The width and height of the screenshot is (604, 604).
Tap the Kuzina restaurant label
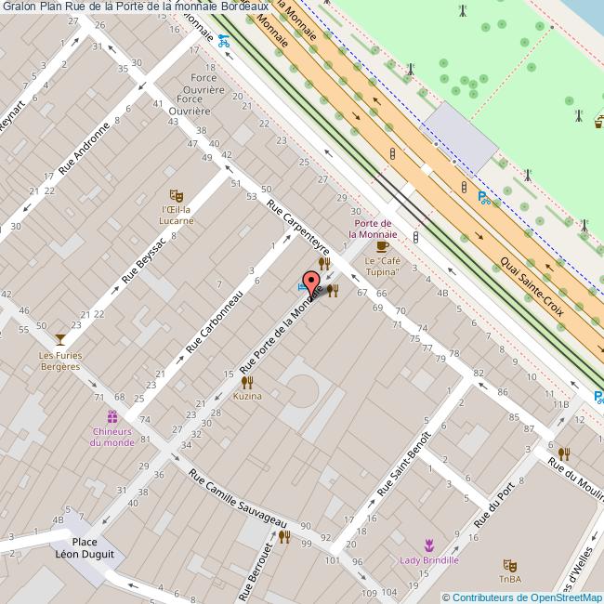(247, 396)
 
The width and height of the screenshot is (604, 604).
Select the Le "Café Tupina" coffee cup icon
(383, 247)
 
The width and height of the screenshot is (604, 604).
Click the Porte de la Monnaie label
(375, 230)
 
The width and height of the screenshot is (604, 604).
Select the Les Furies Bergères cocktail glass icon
(60, 339)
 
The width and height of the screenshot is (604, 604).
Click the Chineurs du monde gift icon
(112, 416)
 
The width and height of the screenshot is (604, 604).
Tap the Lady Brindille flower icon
(429, 545)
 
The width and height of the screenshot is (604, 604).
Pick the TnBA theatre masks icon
(508, 565)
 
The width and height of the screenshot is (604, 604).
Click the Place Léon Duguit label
(85, 548)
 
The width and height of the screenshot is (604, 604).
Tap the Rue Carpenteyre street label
(298, 226)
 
